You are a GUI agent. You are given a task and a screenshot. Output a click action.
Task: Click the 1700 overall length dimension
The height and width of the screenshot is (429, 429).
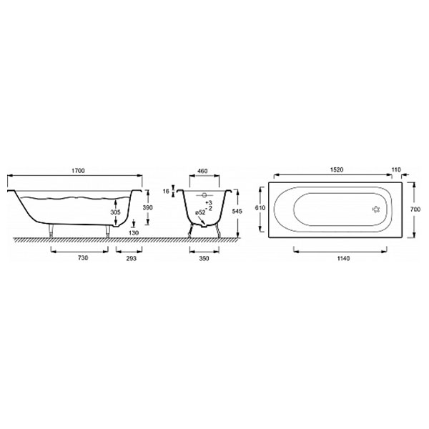[78, 171]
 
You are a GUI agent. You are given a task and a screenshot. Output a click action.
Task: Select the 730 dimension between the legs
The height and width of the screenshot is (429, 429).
[83, 257]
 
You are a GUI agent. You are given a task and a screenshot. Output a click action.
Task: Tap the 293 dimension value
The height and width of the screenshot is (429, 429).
[132, 258]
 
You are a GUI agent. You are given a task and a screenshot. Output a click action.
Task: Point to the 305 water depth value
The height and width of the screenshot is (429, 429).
[115, 212]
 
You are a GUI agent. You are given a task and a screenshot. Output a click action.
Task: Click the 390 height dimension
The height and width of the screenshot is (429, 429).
[148, 207]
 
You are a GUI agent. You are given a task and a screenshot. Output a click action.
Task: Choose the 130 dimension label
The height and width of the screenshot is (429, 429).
[134, 233]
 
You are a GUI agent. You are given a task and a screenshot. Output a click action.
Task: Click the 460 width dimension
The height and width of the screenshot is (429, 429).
[202, 171]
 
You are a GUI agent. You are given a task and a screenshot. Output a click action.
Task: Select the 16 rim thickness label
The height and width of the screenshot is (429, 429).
[166, 191]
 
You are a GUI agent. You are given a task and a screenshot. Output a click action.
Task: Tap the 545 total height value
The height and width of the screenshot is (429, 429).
[237, 211]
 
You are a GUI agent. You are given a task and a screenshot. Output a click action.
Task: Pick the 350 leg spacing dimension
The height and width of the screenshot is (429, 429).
[204, 258]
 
